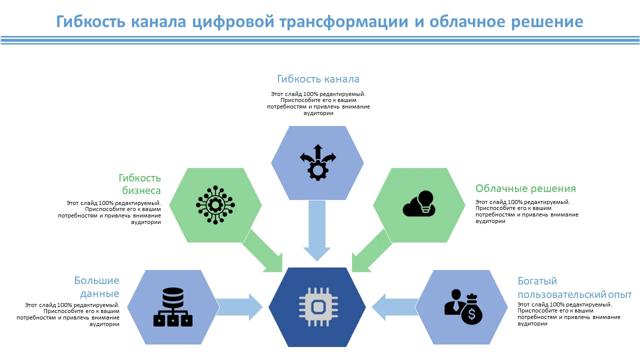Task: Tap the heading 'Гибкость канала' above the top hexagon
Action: coord(318,79)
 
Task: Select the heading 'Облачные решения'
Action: coord(525,188)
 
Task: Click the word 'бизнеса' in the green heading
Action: coord(141,190)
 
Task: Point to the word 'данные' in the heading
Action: coord(99,293)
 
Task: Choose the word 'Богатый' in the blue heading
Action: coord(537,281)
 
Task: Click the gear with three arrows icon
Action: coord(317,162)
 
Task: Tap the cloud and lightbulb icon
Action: coord(419,203)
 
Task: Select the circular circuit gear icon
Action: coord(215,205)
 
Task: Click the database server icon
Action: coord(173,307)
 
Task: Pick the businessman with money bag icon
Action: coord(463,307)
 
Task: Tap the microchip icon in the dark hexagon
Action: coord(318,307)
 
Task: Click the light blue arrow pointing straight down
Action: coord(317,231)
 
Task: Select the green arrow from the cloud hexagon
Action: coord(372,251)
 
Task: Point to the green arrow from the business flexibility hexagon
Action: coord(262,251)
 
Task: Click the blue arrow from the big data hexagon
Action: coord(239,307)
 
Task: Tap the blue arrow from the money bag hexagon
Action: coord(395,307)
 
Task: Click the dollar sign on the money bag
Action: coord(471,314)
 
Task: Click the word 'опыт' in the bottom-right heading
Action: coord(620,294)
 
